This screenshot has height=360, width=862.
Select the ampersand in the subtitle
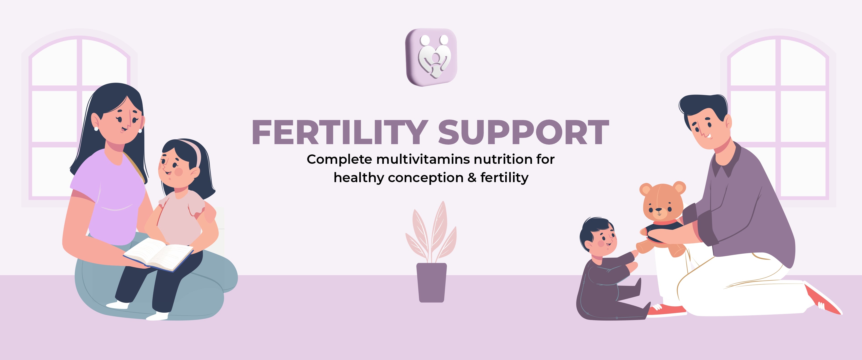472,177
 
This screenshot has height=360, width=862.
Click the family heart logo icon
431,57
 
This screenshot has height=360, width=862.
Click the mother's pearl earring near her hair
96,128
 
